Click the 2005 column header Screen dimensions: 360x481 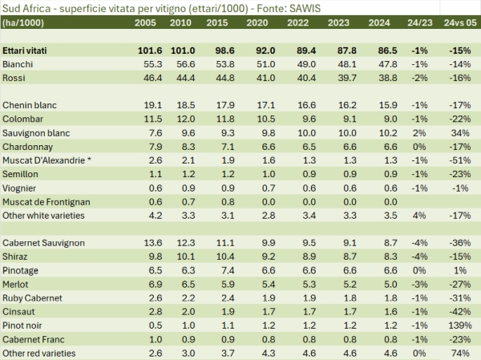(152, 22)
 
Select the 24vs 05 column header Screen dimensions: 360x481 (458, 22)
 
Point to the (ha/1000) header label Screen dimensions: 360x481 (22, 22)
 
